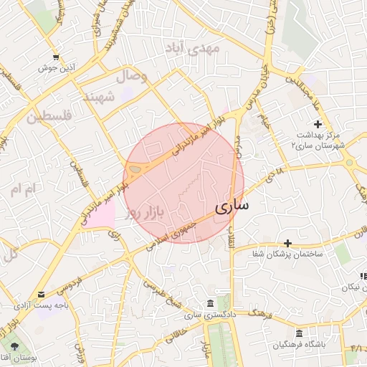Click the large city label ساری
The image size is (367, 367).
[x=232, y=207]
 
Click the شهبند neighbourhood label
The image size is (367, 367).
[x=100, y=97]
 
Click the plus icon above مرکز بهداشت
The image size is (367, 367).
[x=318, y=125]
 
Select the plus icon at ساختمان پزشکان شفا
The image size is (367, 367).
[x=288, y=243]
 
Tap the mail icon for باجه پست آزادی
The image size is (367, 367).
[x=40, y=295]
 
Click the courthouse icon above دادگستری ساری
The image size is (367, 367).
[x=209, y=303]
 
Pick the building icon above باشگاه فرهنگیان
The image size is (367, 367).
[x=299, y=333]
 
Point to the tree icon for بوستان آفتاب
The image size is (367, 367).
[x=15, y=346]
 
